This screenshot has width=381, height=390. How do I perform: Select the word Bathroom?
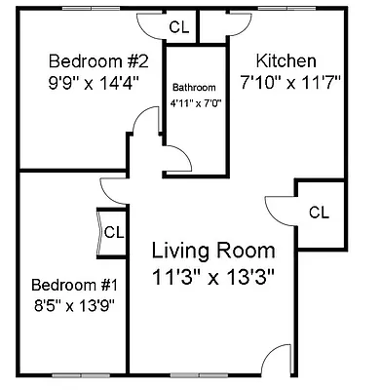tap(193, 85)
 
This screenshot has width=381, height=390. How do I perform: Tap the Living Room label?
tap(213, 251)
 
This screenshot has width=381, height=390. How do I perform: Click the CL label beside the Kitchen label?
tap(318, 212)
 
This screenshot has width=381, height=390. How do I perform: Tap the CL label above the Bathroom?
tap(178, 26)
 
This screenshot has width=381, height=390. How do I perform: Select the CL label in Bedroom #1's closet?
tap(113, 232)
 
